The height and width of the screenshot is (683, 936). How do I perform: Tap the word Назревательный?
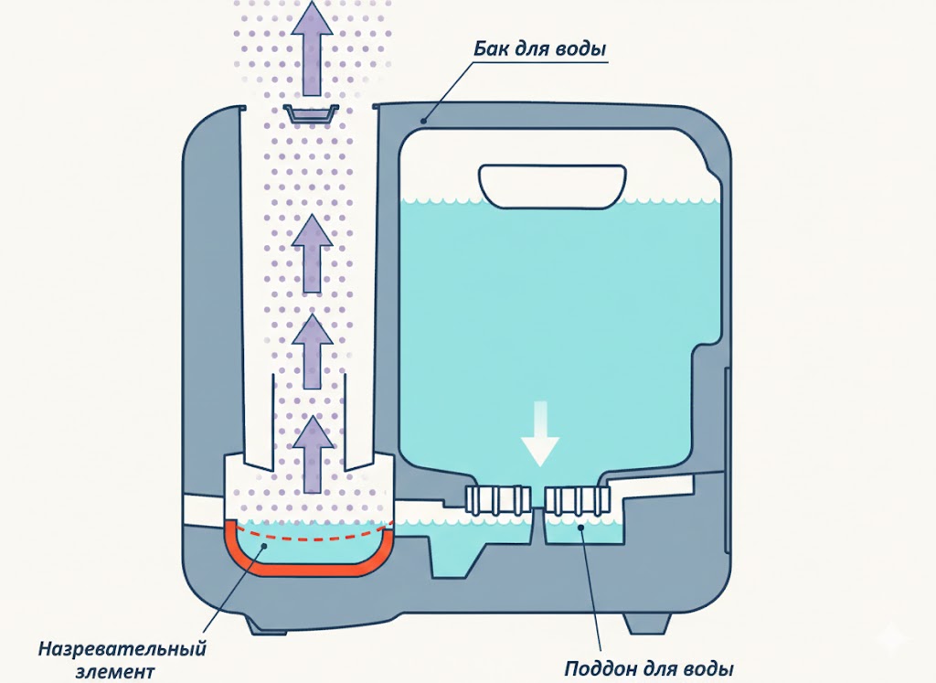[122, 650]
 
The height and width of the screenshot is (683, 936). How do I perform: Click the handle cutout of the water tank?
[553, 186]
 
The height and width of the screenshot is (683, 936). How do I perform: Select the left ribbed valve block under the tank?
[497, 499]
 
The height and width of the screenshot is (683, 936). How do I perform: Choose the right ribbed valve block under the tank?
[579, 499]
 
